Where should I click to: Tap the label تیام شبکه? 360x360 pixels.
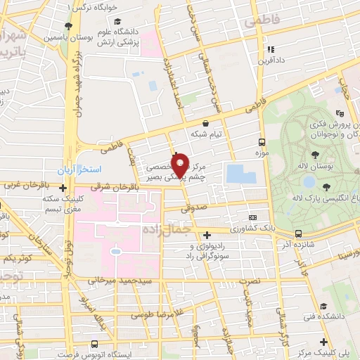click(x=207, y=134)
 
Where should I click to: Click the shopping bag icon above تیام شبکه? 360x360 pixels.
click(x=205, y=122)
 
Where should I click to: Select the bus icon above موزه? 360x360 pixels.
click(x=262, y=141)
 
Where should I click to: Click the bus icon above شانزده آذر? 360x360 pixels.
click(x=298, y=233)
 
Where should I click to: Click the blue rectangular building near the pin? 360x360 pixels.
click(x=242, y=174)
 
